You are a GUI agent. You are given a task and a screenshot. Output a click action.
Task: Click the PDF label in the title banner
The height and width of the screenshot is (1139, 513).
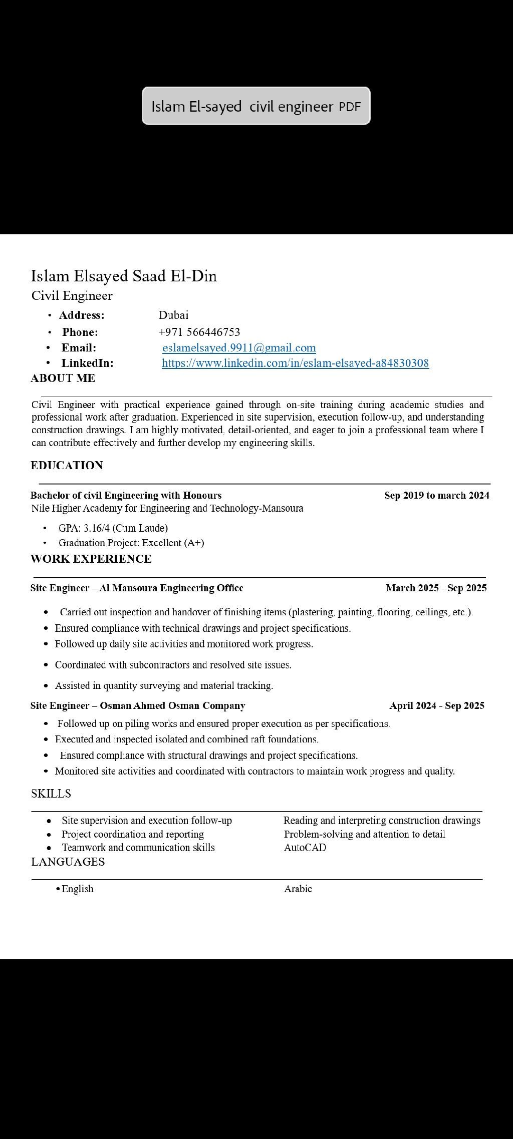coord(350,107)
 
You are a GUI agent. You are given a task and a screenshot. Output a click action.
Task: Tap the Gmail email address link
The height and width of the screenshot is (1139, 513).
coord(239,347)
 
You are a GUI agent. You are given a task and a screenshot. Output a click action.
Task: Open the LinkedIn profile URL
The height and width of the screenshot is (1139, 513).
coord(295,363)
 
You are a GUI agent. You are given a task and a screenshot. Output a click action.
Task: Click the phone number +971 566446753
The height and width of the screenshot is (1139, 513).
coord(199,332)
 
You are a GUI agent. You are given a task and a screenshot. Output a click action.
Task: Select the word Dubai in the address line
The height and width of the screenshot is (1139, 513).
coord(173,315)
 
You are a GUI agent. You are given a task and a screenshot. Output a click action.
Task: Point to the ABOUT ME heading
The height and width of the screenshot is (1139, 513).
coord(63,378)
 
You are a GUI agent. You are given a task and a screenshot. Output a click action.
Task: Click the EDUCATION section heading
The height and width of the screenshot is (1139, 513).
coord(67,466)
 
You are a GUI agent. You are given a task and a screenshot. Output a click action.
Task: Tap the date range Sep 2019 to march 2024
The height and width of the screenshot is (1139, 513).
coord(436,495)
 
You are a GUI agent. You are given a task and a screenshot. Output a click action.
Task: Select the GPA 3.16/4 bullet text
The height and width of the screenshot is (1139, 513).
coord(113,528)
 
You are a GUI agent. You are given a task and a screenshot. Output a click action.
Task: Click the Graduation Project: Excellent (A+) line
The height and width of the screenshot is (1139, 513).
coord(131,543)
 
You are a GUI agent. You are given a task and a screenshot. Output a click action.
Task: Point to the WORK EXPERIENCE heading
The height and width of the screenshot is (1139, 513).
coord(91,559)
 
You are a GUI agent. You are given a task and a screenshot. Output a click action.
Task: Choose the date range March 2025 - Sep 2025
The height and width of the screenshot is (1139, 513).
coord(436,588)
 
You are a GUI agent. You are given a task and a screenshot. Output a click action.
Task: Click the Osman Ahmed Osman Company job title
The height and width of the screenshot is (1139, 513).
coord(138,705)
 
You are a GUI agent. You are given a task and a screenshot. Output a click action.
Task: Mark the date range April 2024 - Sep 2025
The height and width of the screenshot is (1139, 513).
coord(436,705)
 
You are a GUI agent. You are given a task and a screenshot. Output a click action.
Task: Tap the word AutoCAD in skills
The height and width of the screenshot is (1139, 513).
coord(305,847)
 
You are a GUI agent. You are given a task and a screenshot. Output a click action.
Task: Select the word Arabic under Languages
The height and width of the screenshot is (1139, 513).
coord(298,889)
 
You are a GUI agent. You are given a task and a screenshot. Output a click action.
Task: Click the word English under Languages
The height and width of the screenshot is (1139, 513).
coord(78,889)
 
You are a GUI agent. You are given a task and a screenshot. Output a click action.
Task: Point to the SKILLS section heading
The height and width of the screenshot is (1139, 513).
coord(51,794)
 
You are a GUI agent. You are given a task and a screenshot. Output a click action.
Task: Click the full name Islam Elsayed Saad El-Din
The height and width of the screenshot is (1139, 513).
coord(124,276)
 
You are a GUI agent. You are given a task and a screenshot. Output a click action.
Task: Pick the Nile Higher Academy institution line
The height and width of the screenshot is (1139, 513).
coord(167,508)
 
